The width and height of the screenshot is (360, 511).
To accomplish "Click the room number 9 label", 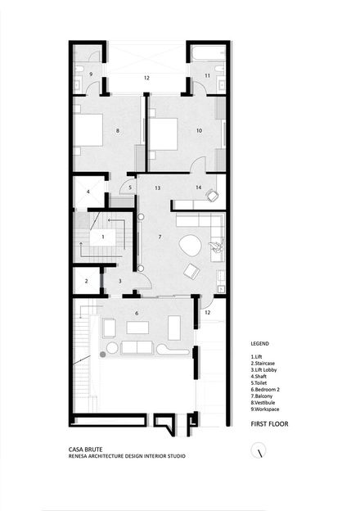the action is click(91, 75).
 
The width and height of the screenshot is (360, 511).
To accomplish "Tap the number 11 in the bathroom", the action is click(207, 75).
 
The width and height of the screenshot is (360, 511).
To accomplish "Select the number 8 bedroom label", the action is click(118, 131).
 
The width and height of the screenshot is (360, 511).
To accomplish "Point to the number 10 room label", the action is click(199, 130).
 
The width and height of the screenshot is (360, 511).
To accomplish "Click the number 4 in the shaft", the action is click(88, 192).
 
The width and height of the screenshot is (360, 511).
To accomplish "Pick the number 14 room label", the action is click(199, 188).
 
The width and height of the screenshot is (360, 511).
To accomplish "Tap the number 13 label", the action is click(158, 188).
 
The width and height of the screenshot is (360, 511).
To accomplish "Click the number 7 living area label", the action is click(160, 237).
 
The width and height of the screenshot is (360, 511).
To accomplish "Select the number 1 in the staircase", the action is click(103, 237).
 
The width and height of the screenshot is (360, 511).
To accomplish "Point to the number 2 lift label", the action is click(86, 281).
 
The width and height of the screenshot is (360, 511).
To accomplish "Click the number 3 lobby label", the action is click(119, 281).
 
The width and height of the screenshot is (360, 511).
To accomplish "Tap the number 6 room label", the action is click(137, 313).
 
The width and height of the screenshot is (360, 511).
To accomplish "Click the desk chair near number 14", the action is click(212, 195).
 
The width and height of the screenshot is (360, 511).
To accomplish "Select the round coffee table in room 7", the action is click(190, 246).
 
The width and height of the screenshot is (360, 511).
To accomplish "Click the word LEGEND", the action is click(259, 343).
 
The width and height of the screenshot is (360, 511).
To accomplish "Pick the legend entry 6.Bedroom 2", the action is click(265, 390).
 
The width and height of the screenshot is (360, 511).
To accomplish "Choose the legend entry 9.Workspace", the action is click(265, 409).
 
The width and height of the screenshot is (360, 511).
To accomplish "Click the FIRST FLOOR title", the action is click(269, 424).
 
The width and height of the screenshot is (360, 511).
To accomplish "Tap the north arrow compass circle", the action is click(259, 450).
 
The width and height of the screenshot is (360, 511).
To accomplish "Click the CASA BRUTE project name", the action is click(86, 450).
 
